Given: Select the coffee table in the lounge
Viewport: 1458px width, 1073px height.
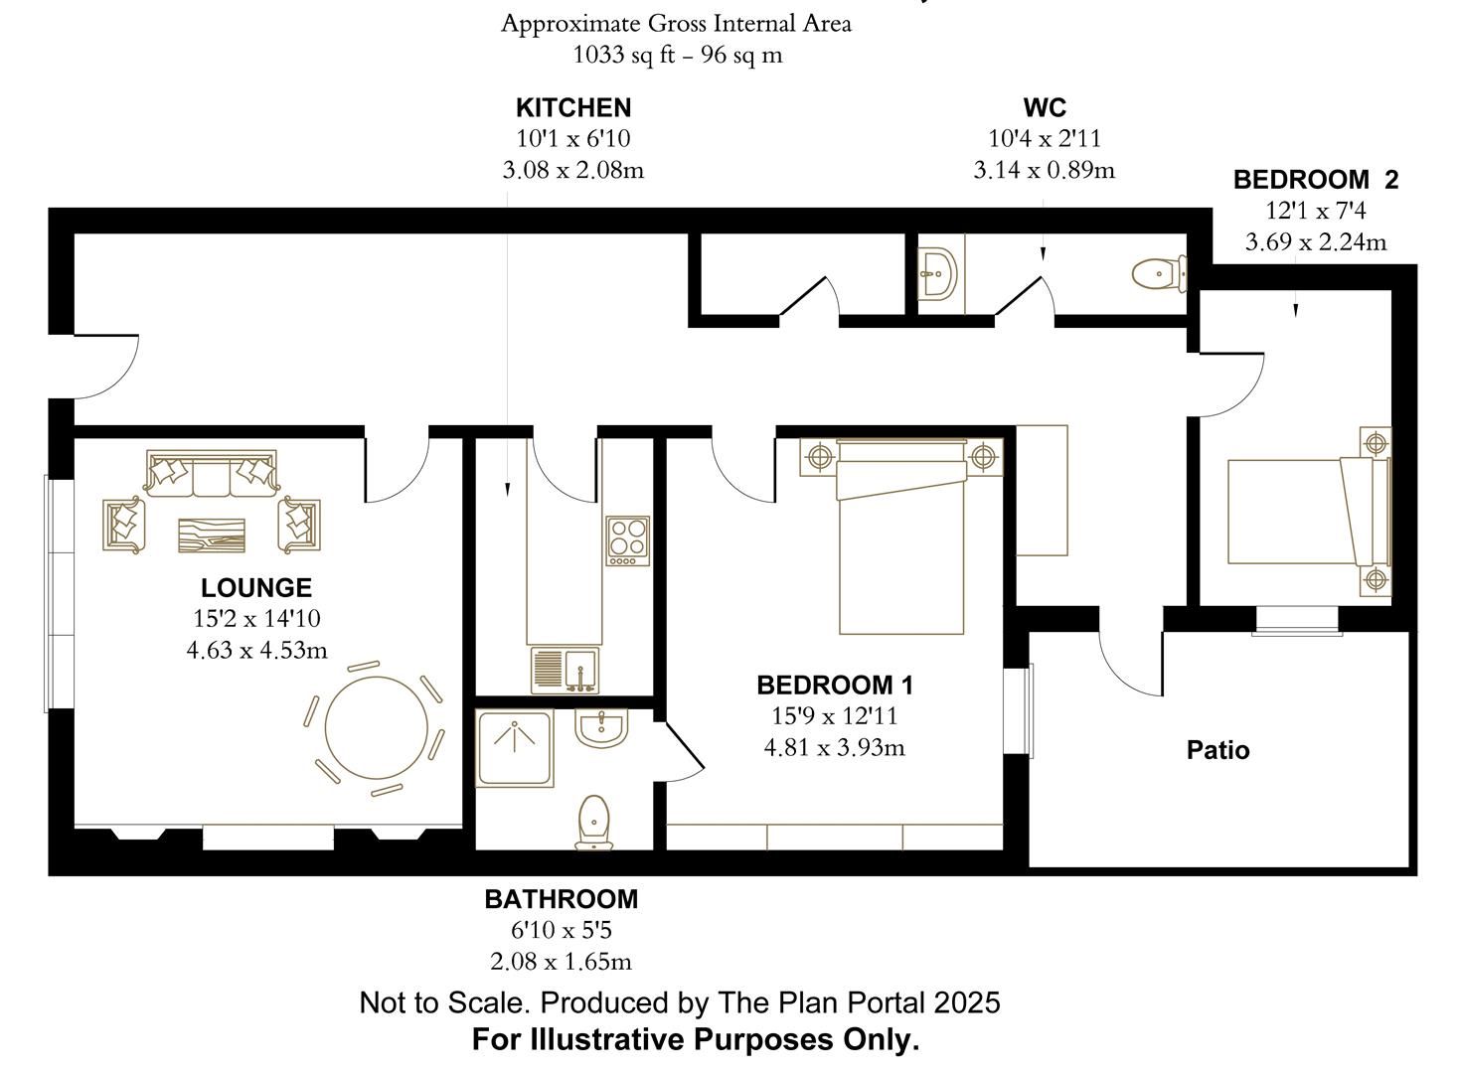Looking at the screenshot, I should [x=212, y=535].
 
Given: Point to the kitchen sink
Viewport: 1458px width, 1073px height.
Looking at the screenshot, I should [x=564, y=670].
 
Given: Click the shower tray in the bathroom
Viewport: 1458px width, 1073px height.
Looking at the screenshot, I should [x=514, y=748].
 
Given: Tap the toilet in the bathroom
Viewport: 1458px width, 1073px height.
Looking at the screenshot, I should [x=593, y=822].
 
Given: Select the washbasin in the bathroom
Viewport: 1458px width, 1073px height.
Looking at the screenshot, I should [x=601, y=727].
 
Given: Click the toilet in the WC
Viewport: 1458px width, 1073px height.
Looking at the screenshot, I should [x=1159, y=273].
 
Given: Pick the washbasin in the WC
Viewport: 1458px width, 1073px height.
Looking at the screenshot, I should [x=937, y=272].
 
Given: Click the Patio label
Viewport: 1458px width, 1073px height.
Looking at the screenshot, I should [x=1217, y=750].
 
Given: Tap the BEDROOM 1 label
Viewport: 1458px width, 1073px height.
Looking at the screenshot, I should [x=834, y=685].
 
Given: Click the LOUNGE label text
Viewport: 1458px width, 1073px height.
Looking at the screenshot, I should [x=255, y=587].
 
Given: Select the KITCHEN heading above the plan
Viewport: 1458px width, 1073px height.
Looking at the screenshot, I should [x=572, y=107].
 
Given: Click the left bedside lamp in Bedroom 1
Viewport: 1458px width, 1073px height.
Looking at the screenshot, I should [x=819, y=457].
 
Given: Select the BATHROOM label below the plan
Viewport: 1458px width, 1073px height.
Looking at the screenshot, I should [x=561, y=899].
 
